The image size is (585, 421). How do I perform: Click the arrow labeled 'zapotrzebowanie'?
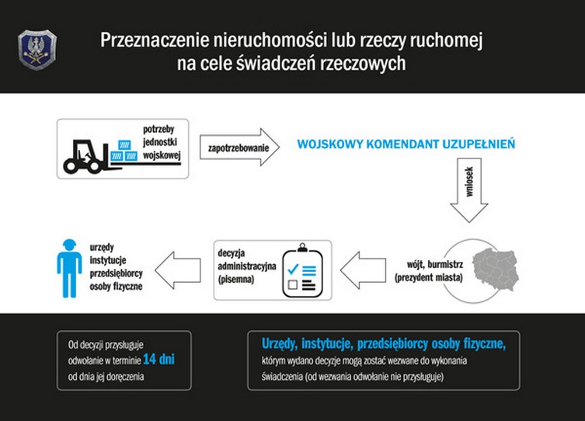click(239, 147)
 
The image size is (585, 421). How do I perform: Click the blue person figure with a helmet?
click(69, 268)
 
